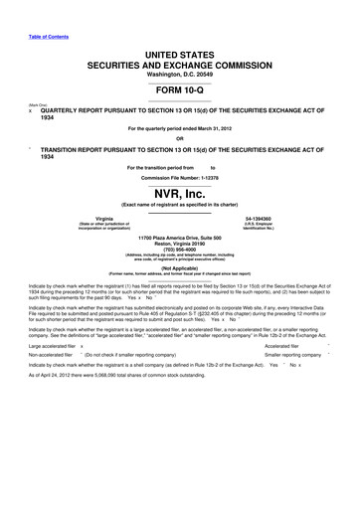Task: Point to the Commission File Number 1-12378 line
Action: pyautogui.click(x=180, y=173)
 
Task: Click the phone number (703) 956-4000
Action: pyautogui.click(x=180, y=251)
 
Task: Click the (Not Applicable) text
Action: pyautogui.click(x=180, y=268)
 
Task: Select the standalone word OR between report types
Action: pyautogui.click(x=180, y=138)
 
